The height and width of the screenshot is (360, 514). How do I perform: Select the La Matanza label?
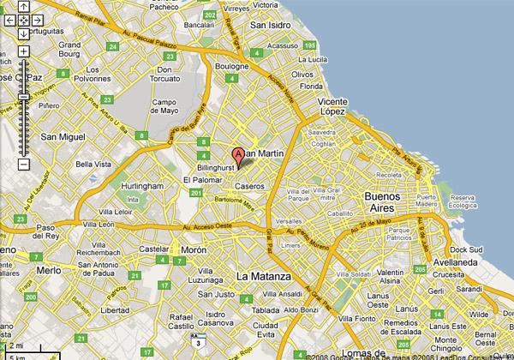click(265, 277)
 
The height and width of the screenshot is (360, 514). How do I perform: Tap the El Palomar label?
click(201, 180)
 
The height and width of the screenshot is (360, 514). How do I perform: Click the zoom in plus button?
click(23, 51)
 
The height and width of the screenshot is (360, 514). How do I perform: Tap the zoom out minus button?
click(23, 163)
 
